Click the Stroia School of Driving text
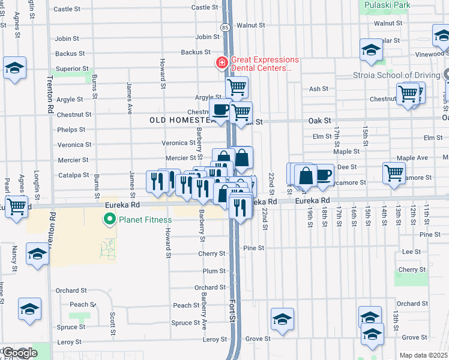tap(396, 76)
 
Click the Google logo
tap(20, 353)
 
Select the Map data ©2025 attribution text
tap(424, 355)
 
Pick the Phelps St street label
tap(72, 130)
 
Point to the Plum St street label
tap(213, 271)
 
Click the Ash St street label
tap(319, 89)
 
